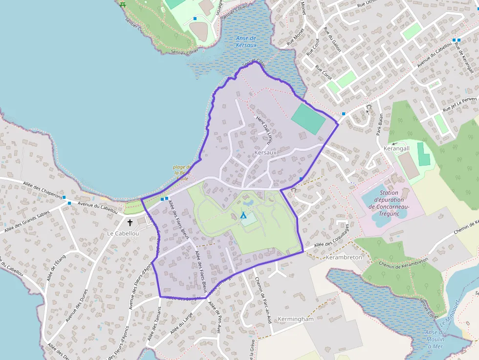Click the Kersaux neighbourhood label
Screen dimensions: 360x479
tap(265, 153)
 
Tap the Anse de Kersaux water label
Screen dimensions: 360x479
tap(246, 42)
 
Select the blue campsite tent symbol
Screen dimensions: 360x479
tap(243, 214)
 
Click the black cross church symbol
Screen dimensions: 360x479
tap(130, 223)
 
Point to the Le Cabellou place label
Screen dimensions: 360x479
tap(123, 234)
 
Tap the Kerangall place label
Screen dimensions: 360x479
tap(396, 148)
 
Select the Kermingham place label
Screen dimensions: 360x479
tap(295, 319)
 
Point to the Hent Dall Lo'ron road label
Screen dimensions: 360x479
tap(263, 130)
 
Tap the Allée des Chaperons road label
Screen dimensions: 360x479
tap(43, 190)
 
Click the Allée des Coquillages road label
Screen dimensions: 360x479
tap(332, 237)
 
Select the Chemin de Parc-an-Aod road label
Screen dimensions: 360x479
tap(262, 300)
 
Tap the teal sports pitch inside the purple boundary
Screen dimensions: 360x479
tap(308, 119)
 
